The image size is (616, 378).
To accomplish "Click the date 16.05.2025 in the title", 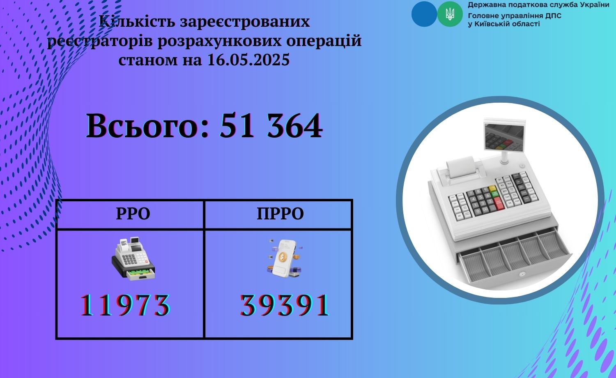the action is [x=248, y=60].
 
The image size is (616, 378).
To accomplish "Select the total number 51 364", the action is [x=271, y=126].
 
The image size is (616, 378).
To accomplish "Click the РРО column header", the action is [x=133, y=214].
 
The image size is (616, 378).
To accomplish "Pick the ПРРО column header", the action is [x=280, y=214].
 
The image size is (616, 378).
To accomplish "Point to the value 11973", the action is [x=125, y=305].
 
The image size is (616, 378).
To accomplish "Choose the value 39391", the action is [x=285, y=305].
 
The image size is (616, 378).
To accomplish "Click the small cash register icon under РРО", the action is [x=133, y=258].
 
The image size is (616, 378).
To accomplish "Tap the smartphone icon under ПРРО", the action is [x=284, y=258].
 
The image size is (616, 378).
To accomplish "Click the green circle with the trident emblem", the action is [x=450, y=14].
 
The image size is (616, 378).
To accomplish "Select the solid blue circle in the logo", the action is [x=424, y=14].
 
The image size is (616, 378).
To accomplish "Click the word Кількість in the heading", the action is [x=137, y=21].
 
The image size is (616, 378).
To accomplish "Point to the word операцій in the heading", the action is [x=324, y=41].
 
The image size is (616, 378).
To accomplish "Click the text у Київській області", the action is [x=504, y=24].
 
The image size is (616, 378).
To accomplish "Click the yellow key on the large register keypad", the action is [x=492, y=189].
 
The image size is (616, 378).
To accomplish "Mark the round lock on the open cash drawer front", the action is [x=522, y=274].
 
